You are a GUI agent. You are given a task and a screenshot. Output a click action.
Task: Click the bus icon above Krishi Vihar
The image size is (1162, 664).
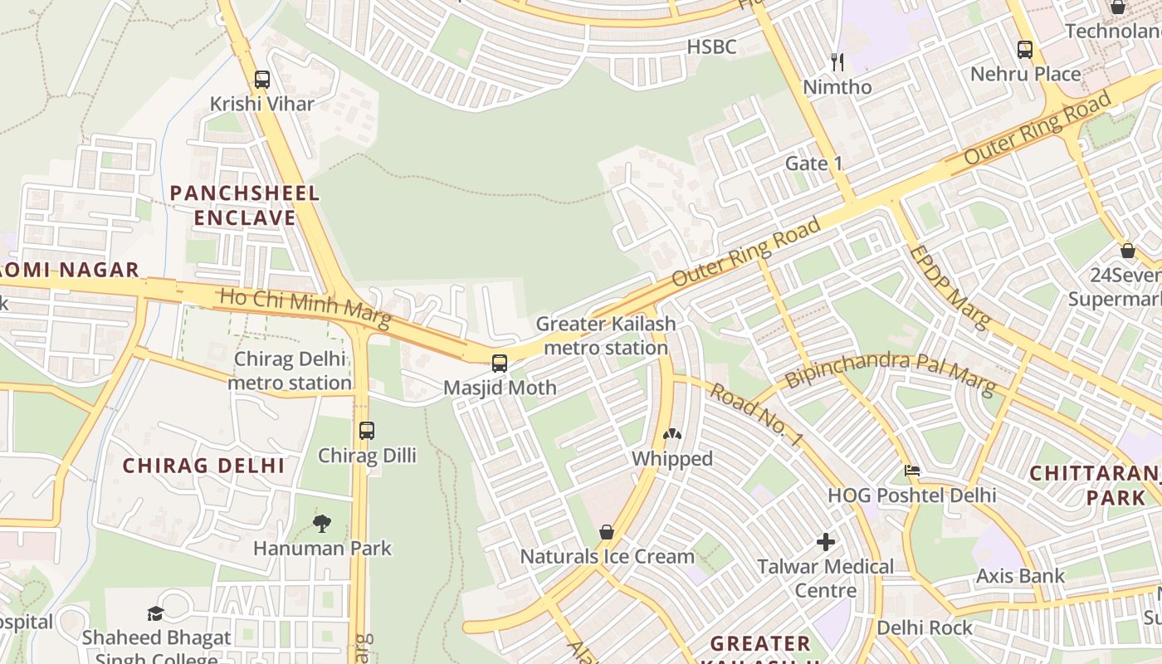click(262, 80)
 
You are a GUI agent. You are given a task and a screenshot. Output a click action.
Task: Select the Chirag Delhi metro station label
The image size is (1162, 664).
click(290, 371)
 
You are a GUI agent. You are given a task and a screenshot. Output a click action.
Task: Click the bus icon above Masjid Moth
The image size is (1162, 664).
click(500, 363)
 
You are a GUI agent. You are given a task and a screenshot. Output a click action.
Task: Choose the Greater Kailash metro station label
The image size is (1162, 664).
click(606, 335)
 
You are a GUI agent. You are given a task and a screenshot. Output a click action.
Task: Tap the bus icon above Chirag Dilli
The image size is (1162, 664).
click(367, 431)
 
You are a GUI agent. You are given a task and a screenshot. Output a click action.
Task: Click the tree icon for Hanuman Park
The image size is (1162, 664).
click(322, 524)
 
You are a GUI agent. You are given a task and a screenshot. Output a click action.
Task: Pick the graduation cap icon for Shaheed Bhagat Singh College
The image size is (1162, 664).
click(155, 613)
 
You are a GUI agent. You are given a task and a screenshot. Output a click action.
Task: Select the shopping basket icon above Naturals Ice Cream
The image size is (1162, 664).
click(607, 532)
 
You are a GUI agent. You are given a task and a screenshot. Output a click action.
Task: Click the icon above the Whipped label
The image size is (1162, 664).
click(671, 434)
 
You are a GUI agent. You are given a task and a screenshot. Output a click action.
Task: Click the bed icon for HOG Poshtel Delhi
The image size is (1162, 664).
click(912, 471)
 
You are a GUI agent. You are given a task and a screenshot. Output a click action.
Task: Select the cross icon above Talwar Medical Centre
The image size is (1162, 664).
click(826, 542)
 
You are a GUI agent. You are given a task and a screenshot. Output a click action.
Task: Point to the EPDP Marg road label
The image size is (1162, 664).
click(950, 286)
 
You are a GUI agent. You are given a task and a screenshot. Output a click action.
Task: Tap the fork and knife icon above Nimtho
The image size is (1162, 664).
click(837, 62)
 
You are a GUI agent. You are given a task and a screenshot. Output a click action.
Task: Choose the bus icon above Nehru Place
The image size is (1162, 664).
click(1025, 49)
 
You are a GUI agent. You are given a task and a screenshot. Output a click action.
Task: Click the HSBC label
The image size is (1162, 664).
click(711, 47)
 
